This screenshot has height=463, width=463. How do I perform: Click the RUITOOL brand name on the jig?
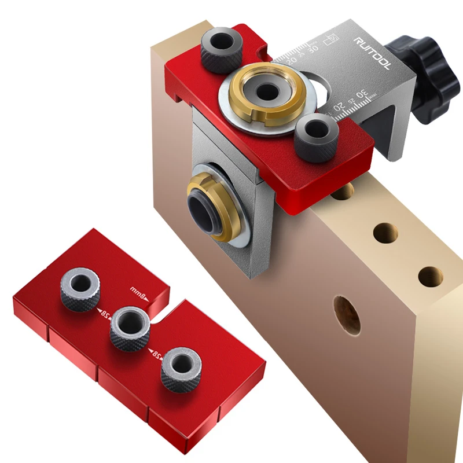373,54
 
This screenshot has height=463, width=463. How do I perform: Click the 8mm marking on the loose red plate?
139,291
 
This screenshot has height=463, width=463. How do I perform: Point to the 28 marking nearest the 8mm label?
102,312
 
